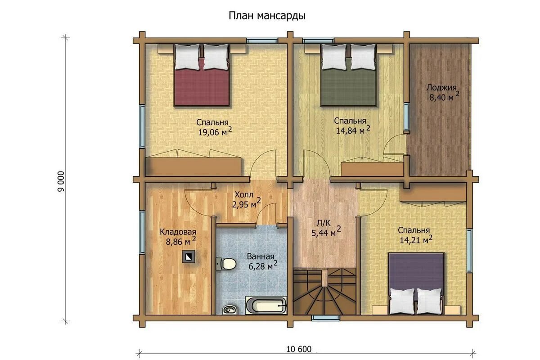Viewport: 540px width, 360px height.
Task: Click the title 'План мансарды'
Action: click(x=267, y=16)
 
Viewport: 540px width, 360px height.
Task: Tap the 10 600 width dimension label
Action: click(x=299, y=349)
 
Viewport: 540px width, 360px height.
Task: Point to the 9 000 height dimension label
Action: click(x=61, y=181)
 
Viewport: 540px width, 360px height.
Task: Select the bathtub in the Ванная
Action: click(x=265, y=305)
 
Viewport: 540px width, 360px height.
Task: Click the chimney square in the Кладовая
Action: click(x=188, y=257)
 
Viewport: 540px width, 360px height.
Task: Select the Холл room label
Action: click(x=244, y=194)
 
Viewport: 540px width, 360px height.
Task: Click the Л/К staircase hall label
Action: click(x=324, y=224)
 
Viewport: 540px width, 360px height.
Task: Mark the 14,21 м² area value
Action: click(x=416, y=240)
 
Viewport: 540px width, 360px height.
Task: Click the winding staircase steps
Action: click(x=324, y=292)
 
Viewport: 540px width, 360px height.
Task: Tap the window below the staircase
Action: click(x=325, y=318)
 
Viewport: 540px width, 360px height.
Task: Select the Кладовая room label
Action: click(x=178, y=232)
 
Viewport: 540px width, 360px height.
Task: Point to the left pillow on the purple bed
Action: click(x=402, y=301)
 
